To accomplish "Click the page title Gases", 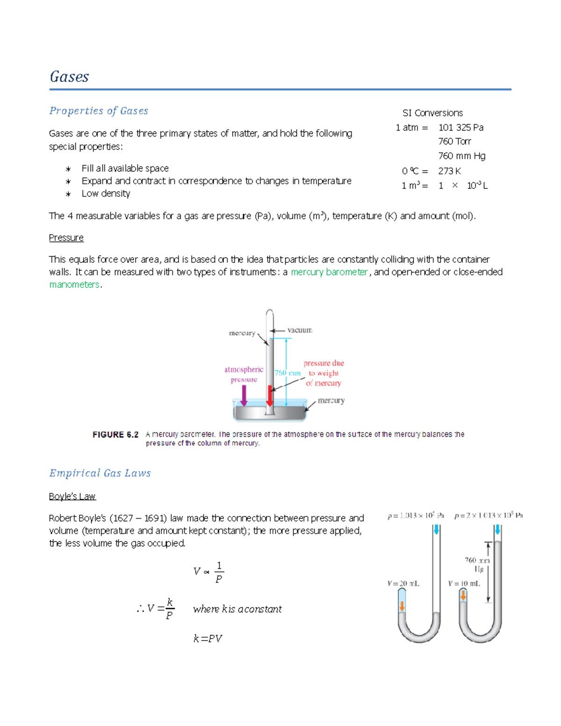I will click(x=69, y=77).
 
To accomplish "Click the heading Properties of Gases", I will click(x=99, y=111).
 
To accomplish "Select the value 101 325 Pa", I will click(x=460, y=128).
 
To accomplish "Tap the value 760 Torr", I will click(x=454, y=141).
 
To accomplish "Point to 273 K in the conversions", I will click(x=449, y=171).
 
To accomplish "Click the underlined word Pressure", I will click(x=66, y=238).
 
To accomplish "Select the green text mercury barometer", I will click(x=329, y=272).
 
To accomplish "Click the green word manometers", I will click(x=74, y=285).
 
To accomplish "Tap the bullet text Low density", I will click(x=106, y=194).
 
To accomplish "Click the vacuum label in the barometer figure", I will click(x=300, y=330).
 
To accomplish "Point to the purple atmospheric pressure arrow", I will click(x=244, y=395).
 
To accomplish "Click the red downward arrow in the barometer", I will click(x=270, y=395).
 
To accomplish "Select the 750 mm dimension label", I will click(x=287, y=373).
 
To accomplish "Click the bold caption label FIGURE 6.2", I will click(x=115, y=435).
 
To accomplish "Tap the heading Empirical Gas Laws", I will click(x=100, y=473).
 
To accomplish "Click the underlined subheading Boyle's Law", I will click(x=72, y=496).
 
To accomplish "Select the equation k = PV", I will click(x=208, y=639).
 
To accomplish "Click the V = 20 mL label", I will click(x=403, y=583).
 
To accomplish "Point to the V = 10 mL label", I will click(x=464, y=583).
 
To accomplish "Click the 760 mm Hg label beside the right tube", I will click(x=477, y=564).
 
